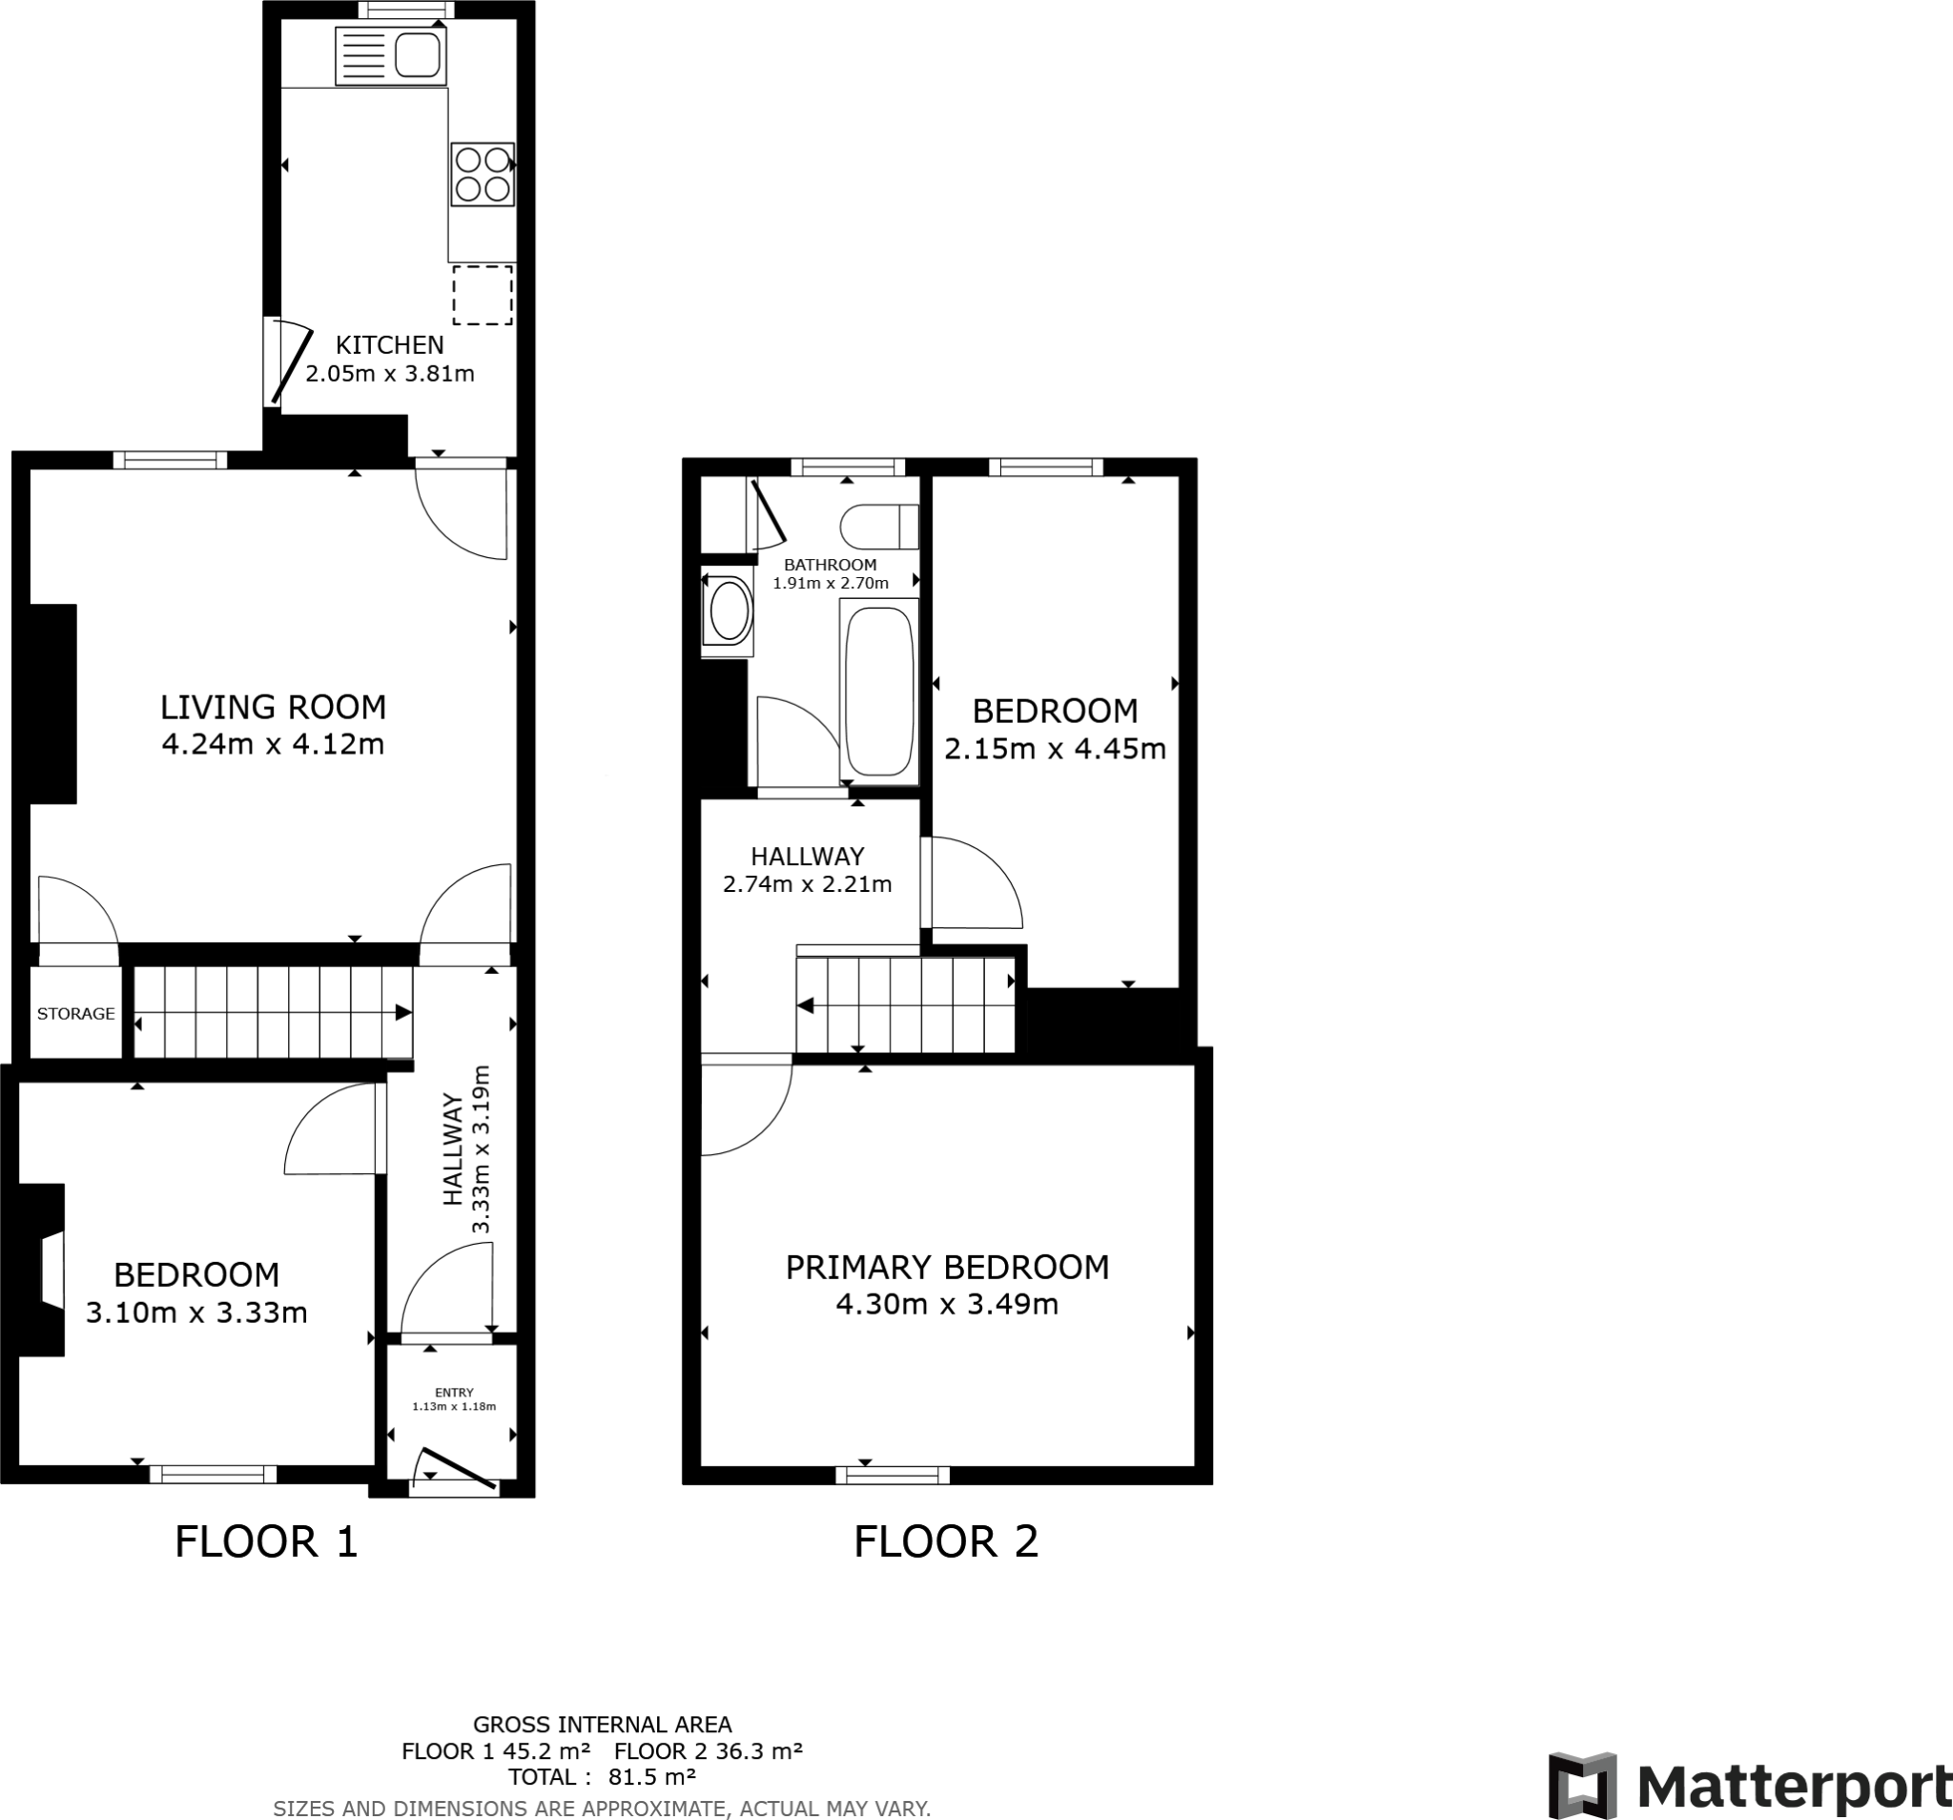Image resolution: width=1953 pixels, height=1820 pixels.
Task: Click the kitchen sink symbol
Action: (390, 56)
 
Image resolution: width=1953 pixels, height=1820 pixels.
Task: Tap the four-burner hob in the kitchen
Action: (483, 174)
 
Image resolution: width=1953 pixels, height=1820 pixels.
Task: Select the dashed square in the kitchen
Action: (483, 295)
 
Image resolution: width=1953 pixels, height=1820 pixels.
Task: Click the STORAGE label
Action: (75, 1013)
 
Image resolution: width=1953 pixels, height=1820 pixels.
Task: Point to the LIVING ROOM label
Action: (273, 707)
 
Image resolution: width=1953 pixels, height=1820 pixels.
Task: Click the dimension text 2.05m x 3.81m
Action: (390, 373)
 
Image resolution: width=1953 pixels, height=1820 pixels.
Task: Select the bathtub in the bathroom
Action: (879, 692)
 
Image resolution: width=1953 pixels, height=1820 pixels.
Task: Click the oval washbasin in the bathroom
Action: (729, 611)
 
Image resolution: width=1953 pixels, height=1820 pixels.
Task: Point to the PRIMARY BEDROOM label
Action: (947, 1267)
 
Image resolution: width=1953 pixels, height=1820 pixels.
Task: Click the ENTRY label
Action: (454, 1393)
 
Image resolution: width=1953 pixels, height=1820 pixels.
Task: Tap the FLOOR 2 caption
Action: (945, 1541)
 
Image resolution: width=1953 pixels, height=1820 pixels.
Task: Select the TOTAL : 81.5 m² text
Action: (601, 1777)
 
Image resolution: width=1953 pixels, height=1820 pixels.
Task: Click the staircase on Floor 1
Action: (272, 1012)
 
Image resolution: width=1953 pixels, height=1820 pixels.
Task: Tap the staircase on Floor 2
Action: (905, 1005)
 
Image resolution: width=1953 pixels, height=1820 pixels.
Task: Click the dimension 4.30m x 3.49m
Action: (947, 1304)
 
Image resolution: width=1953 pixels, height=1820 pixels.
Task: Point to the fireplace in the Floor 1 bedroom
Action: (44, 1269)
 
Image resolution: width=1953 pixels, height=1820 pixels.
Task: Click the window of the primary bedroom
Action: (892, 1475)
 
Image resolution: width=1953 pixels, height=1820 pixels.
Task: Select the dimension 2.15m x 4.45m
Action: (1055, 749)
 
